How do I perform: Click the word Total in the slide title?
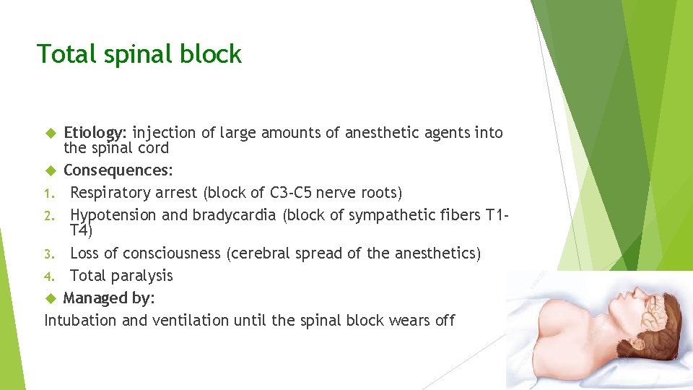point(61,54)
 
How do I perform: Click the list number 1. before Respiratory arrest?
point(49,194)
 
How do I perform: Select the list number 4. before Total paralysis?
point(49,276)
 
